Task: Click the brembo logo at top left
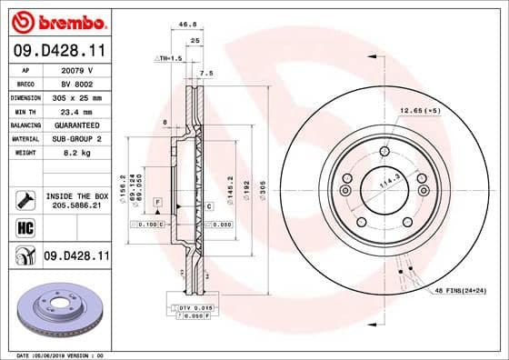(x=56, y=20)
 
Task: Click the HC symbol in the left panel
(x=25, y=225)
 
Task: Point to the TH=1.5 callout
(x=169, y=57)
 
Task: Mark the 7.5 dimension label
(x=206, y=73)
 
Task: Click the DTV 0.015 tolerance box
(x=198, y=307)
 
